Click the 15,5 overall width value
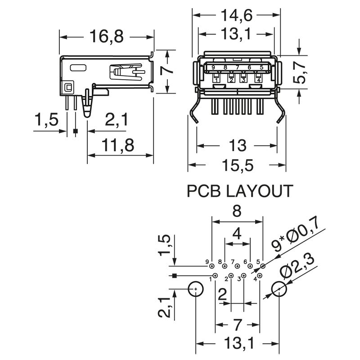point(237,166)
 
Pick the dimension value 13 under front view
point(237,145)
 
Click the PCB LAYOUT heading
point(240,192)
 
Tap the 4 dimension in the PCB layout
point(237,234)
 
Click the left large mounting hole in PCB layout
point(196,289)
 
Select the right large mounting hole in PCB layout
point(279,289)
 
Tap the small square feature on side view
point(68,87)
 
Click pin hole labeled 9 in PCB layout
point(211,267)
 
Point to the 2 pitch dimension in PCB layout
point(222,295)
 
